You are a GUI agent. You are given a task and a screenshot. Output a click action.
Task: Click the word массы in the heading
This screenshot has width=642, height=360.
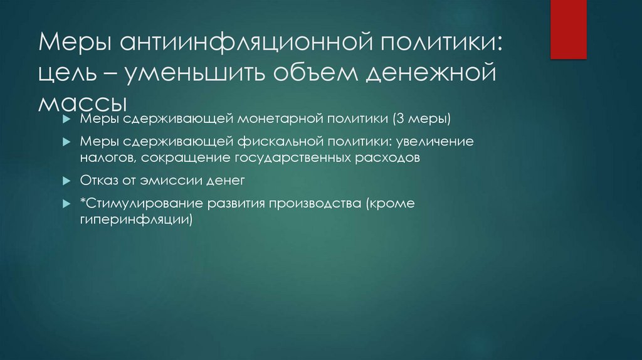click(82, 102)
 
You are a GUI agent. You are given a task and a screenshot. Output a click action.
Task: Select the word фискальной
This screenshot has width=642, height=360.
click(290, 142)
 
